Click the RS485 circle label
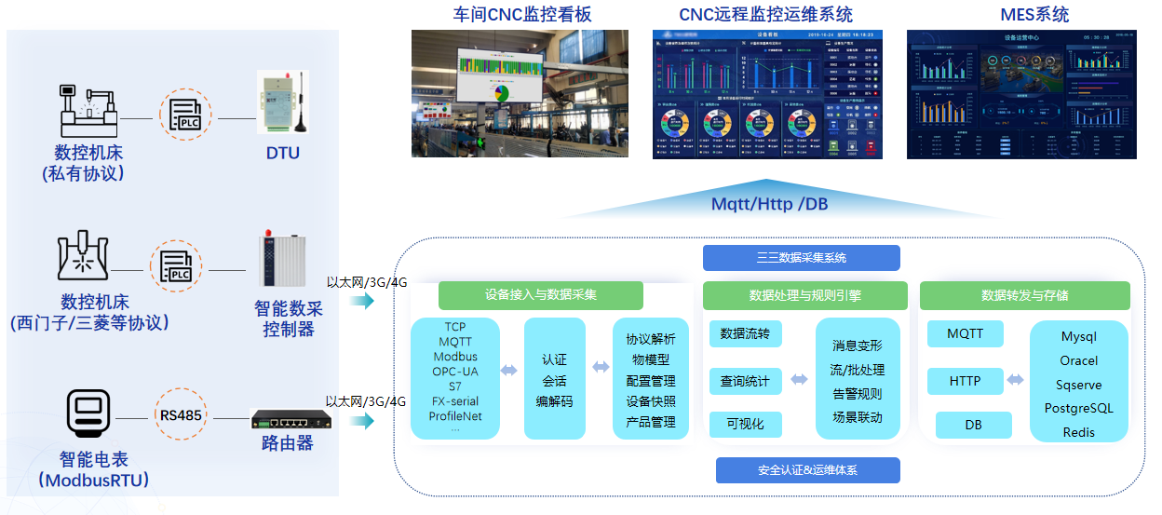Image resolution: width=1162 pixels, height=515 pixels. coord(181,415)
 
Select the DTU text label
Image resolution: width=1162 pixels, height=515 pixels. coord(283,153)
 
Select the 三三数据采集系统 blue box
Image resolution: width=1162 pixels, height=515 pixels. coord(801,258)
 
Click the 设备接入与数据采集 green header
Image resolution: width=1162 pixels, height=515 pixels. coord(541,295)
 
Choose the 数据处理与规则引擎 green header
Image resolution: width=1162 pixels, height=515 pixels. coord(804,295)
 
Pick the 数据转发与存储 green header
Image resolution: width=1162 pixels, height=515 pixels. coord(1024,295)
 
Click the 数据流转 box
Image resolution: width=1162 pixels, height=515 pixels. coord(745,333)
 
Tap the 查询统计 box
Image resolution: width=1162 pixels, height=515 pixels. coord(745,381)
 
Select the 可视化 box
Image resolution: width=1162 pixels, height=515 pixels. coord(745,424)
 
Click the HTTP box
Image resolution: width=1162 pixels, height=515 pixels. coord(966,381)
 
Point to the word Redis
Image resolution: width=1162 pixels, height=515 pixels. coord(1079,432)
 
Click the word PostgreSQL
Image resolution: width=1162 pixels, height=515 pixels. coord(1079,408)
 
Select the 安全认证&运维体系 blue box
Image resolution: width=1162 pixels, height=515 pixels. coord(807,470)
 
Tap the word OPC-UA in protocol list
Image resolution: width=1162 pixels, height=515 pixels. coord(454,371)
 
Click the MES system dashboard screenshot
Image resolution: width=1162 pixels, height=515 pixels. coord(1021,94)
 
